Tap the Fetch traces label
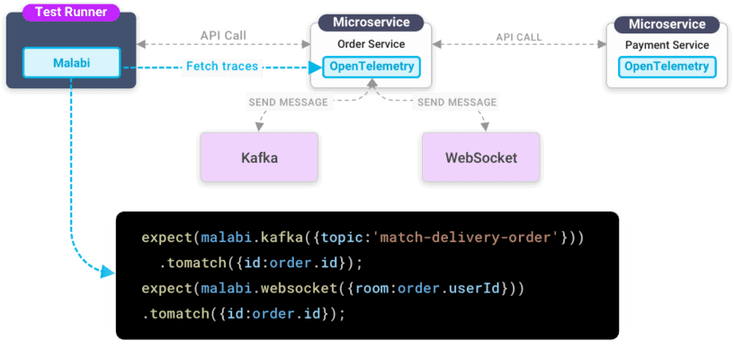221,66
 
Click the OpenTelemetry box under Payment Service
667,66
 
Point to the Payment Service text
667,45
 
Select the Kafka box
259,157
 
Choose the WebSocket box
481,157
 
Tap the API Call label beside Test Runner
223,36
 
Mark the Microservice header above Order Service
371,22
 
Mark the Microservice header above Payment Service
667,22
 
